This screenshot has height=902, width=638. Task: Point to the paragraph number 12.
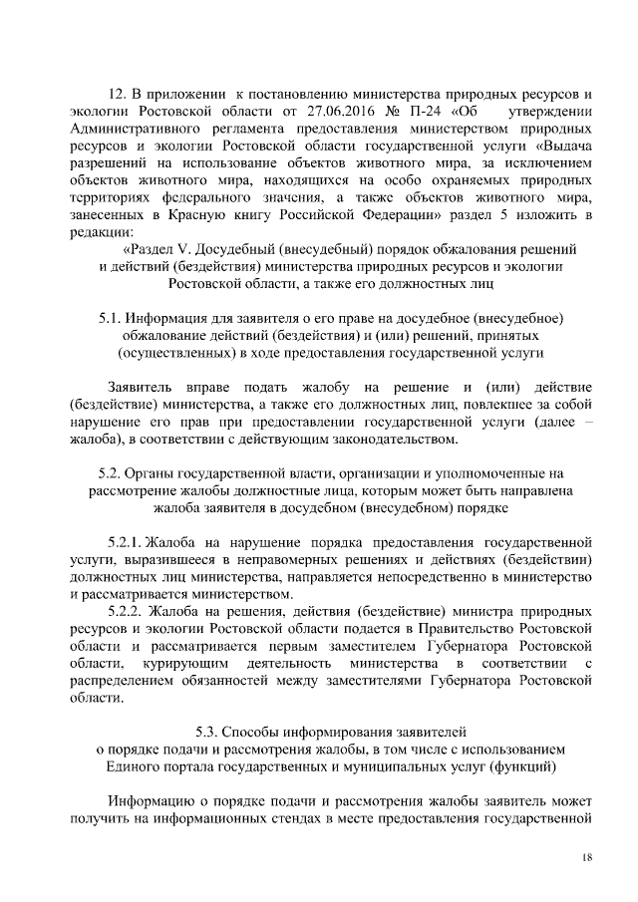click(x=116, y=93)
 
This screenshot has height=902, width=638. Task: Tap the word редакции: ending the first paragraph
click(x=102, y=236)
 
